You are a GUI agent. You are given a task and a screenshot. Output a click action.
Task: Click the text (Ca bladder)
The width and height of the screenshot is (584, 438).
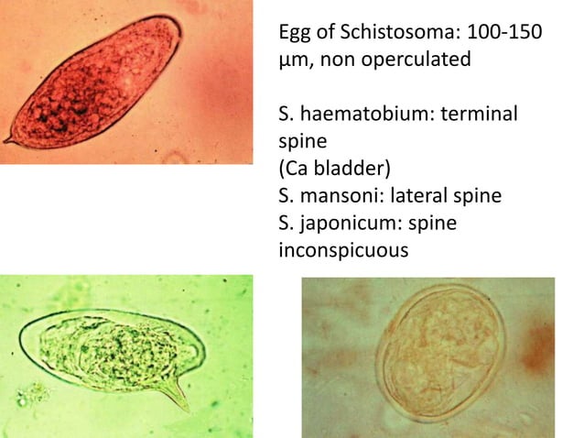(x=328, y=170)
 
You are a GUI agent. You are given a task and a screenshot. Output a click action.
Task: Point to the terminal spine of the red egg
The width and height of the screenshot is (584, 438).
(x=8, y=141)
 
